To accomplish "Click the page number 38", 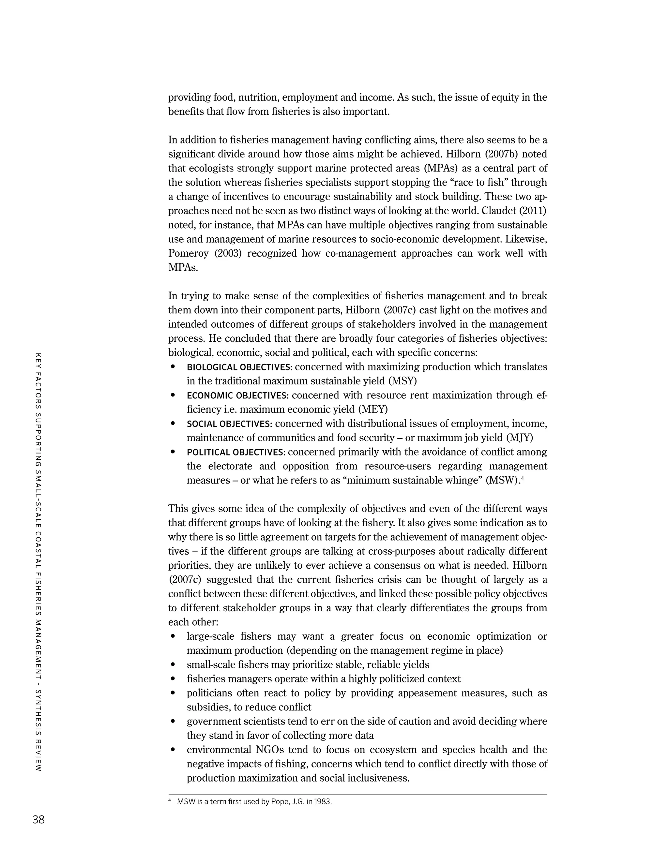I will coord(39,819).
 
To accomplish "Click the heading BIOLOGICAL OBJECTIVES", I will coord(239,367).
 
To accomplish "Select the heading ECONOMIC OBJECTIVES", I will coord(238,395).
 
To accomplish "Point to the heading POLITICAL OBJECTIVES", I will coord(236,452).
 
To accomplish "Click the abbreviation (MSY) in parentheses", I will coord(402,381).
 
